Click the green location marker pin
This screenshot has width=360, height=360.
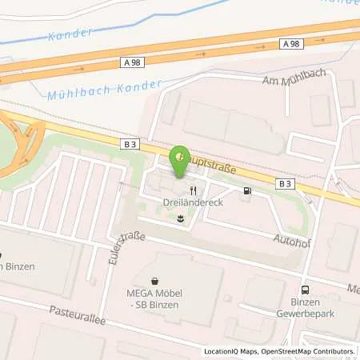coord(182,155)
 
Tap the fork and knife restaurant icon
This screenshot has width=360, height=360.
coord(194,190)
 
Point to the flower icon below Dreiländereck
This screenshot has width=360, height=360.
coord(182,218)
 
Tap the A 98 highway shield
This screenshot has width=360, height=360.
coord(292,43)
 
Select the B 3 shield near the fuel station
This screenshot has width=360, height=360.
coord(285,183)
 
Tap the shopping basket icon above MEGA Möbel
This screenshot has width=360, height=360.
coord(155,281)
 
